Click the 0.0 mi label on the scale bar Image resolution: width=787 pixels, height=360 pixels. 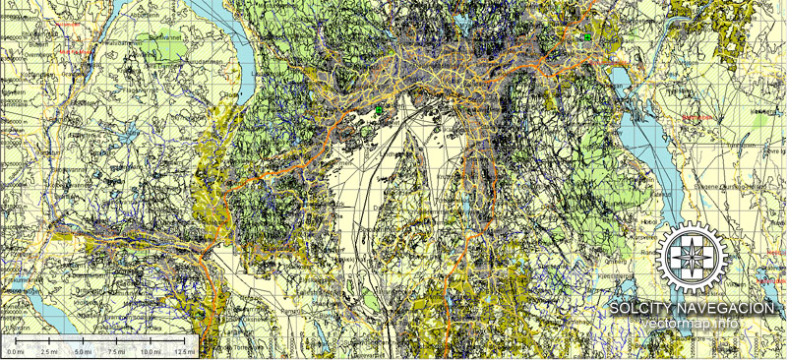click(16, 351)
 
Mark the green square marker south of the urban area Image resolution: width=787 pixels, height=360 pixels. click(377, 111)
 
